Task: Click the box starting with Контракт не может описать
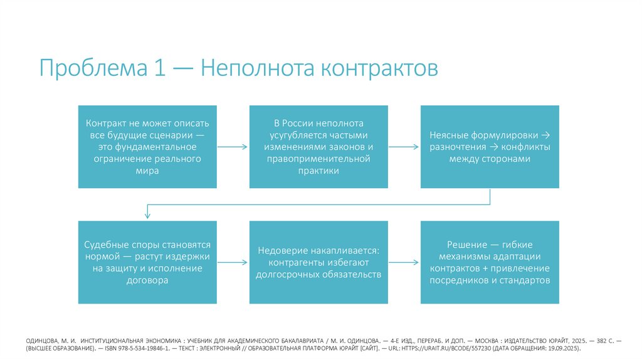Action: coord(148,146)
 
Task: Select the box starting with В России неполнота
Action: coord(318,146)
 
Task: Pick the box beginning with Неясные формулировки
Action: coord(490,146)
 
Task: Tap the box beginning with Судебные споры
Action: coord(148,262)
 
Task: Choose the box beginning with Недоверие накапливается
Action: coord(318,262)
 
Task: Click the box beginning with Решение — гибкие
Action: coord(490,262)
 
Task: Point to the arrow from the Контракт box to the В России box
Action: coord(233,147)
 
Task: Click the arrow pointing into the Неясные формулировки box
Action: coord(404,147)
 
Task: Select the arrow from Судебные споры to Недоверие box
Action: coord(233,262)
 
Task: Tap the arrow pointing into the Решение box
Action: coord(404,262)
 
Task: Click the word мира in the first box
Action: coord(148,171)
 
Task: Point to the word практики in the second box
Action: coord(318,171)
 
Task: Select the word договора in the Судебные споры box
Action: coord(148,280)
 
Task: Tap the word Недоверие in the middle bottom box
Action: coord(280,250)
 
